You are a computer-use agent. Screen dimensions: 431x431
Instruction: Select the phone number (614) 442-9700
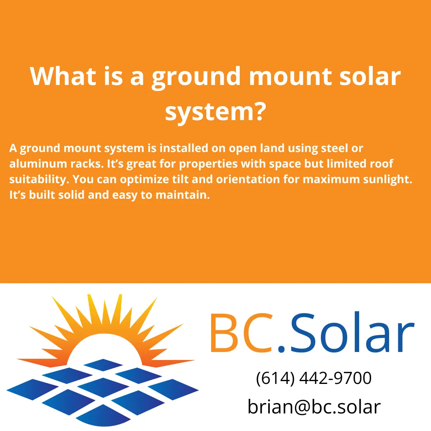click(314, 378)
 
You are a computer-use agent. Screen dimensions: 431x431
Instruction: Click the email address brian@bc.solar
click(314, 407)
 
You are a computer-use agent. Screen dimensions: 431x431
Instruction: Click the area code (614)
click(274, 378)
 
